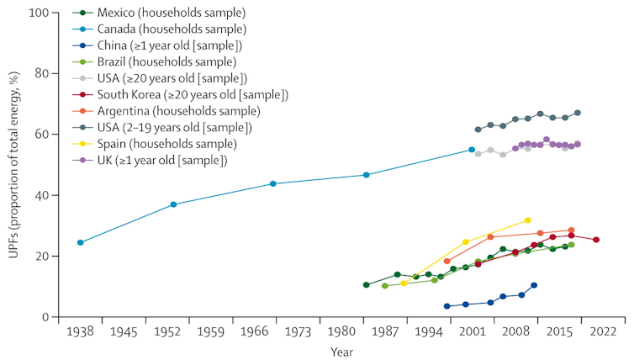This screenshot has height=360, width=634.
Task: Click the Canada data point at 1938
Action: pyautogui.click(x=80, y=242)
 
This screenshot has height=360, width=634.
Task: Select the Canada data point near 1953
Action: pyautogui.click(x=173, y=204)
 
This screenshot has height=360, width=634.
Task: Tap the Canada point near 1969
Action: pyautogui.click(x=273, y=183)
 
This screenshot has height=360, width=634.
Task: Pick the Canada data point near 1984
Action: pyautogui.click(x=366, y=175)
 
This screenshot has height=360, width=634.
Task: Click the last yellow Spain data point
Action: pyautogui.click(x=528, y=220)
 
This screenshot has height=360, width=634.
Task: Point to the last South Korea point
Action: pyautogui.click(x=596, y=240)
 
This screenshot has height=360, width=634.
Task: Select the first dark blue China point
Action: pyautogui.click(x=446, y=306)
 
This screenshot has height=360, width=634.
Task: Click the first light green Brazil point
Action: pyautogui.click(x=385, y=286)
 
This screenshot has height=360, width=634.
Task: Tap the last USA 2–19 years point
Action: pyautogui.click(x=578, y=113)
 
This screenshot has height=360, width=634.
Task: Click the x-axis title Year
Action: pyautogui.click(x=341, y=351)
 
